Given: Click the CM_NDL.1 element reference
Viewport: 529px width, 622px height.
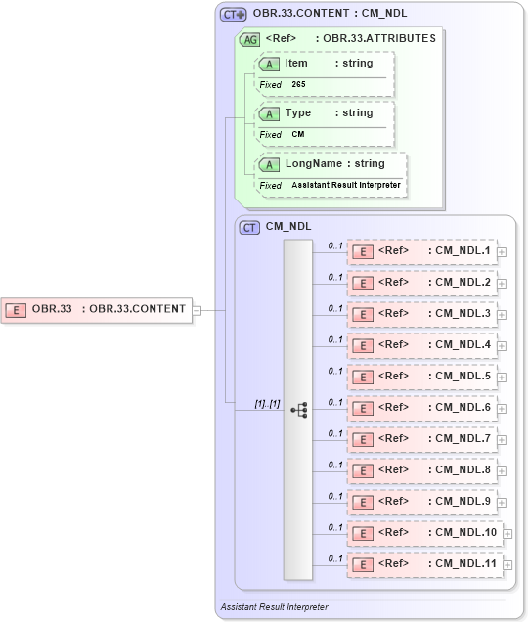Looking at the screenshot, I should [x=421, y=251].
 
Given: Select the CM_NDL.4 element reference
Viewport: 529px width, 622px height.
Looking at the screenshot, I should [x=421, y=345].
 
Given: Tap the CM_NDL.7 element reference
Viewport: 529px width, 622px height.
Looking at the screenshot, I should [x=421, y=439].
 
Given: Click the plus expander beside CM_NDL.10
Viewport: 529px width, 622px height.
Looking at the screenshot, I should [x=507, y=534].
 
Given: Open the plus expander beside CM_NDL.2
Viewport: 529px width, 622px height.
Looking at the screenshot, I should [x=502, y=284].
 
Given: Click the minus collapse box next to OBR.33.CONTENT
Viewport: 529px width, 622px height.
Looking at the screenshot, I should [x=198, y=310].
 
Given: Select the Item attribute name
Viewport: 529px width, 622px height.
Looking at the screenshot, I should [x=296, y=63].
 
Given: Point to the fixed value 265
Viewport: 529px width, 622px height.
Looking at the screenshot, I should [x=298, y=85].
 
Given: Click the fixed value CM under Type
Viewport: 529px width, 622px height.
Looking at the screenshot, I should [x=297, y=134].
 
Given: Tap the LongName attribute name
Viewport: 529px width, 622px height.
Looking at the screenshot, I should [x=314, y=163].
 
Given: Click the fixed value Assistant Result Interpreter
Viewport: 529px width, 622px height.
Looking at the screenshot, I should [x=345, y=185].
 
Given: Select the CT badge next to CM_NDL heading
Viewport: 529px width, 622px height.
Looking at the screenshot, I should [x=249, y=226].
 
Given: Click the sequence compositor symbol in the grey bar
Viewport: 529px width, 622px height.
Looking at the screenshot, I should [x=299, y=409].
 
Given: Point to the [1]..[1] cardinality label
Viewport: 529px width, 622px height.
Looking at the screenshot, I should [x=267, y=403].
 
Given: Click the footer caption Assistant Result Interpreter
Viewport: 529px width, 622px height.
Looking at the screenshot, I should [x=274, y=607].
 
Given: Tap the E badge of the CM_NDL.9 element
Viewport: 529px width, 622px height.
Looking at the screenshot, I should [x=362, y=503].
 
